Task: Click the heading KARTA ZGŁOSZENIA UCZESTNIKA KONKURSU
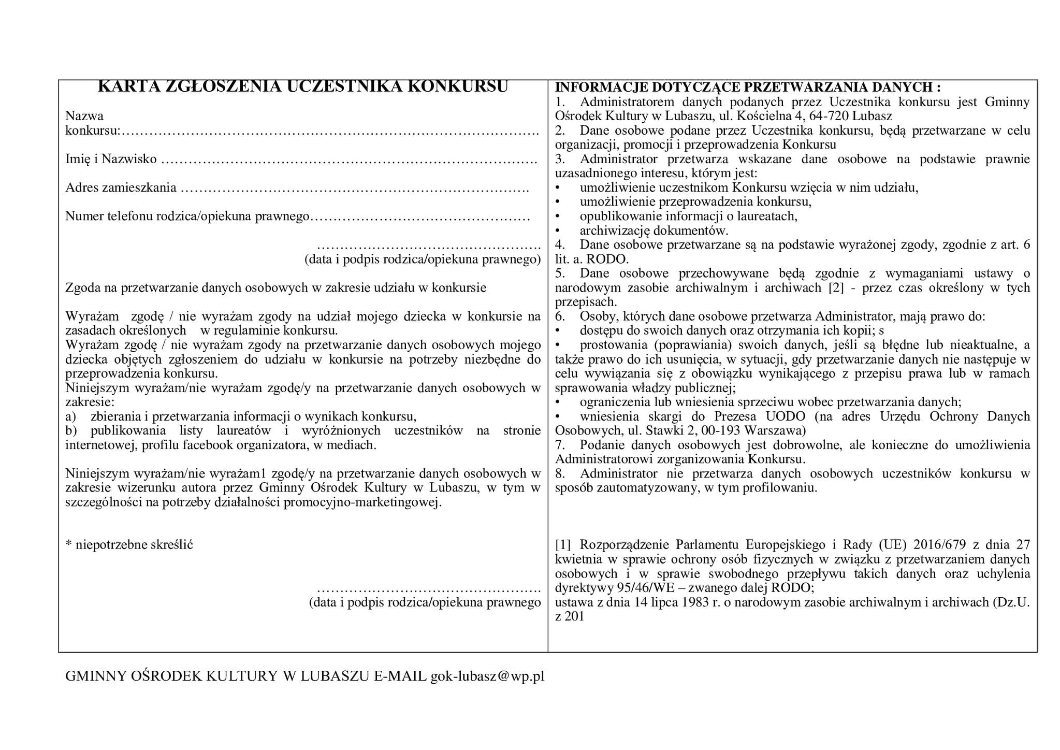303,87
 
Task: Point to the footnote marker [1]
562,545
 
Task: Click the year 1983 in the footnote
695,602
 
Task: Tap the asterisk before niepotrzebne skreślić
68,545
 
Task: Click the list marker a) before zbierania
71,416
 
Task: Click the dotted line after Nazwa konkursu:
330,131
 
